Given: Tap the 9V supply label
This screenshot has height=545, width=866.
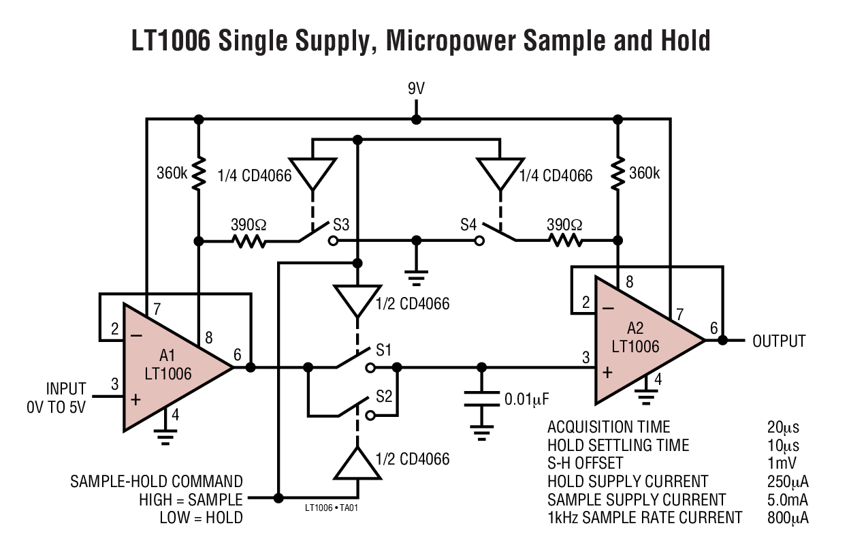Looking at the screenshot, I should (x=417, y=89).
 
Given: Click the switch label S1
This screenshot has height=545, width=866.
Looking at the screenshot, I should (x=384, y=351).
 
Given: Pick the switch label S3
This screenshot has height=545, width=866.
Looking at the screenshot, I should (x=340, y=224).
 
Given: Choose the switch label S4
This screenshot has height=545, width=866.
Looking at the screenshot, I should (x=468, y=224).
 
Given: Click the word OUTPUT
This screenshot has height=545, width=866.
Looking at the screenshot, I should (x=779, y=341).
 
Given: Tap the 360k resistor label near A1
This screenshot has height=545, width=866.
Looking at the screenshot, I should (x=170, y=173).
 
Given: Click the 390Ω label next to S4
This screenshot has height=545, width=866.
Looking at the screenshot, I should (x=564, y=224).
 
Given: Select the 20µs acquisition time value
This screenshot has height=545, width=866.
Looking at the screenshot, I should (x=783, y=427).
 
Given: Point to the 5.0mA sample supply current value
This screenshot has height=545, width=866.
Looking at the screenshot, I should (x=787, y=499).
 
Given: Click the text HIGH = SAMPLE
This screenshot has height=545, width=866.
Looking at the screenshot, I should (x=191, y=499).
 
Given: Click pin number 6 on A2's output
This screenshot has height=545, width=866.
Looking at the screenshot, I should (x=713, y=328).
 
